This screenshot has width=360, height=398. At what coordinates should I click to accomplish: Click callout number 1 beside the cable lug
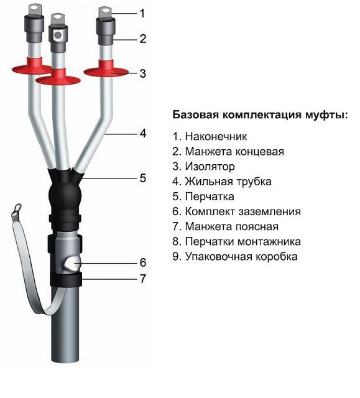click(142, 14)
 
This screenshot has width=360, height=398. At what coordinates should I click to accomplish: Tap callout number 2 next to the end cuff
click(143, 39)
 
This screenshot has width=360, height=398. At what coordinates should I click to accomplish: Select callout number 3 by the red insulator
click(143, 73)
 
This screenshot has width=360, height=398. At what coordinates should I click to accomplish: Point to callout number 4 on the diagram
click(143, 133)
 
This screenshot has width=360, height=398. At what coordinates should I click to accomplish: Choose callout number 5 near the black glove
click(143, 178)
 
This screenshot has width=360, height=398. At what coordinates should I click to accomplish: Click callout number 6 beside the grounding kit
click(143, 262)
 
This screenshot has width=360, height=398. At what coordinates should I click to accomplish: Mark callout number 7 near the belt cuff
click(143, 279)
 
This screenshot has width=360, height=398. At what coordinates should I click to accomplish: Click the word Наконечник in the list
click(216, 137)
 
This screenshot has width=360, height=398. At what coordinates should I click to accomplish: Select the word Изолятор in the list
click(210, 167)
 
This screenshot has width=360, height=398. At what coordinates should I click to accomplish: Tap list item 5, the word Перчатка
click(210, 197)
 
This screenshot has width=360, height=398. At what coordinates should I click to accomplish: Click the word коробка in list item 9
click(276, 256)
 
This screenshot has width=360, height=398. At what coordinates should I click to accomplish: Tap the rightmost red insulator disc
click(106, 72)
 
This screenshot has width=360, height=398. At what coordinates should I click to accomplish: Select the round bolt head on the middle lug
click(58, 35)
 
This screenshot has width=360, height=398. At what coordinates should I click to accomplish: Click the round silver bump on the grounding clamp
click(73, 263)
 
